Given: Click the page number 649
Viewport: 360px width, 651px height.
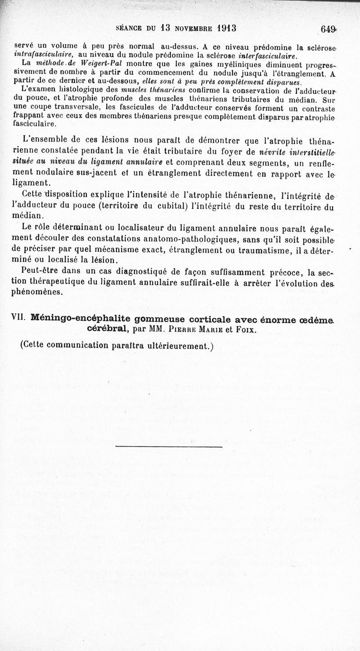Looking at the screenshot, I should coord(329,29).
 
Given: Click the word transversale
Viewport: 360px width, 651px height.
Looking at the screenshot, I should coord(80,108).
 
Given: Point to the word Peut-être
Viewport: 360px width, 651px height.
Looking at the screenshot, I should coord(40,272).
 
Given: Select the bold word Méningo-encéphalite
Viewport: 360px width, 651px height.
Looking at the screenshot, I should coord(75,318).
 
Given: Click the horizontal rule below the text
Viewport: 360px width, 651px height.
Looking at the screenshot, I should coord(169,446).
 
